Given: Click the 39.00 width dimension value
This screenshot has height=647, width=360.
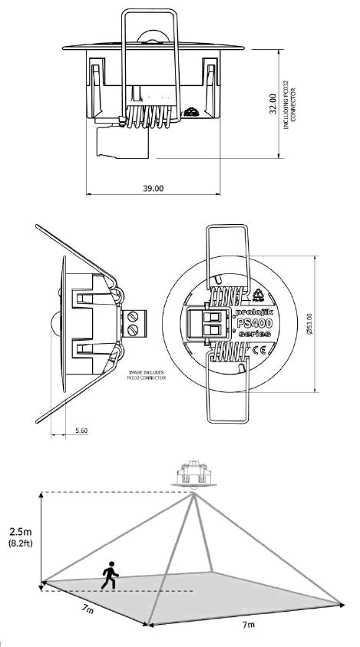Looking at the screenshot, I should click(x=153, y=188).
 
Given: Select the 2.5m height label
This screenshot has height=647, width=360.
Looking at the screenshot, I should click(x=21, y=531).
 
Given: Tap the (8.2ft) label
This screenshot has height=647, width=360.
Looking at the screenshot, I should click(x=21, y=544).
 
